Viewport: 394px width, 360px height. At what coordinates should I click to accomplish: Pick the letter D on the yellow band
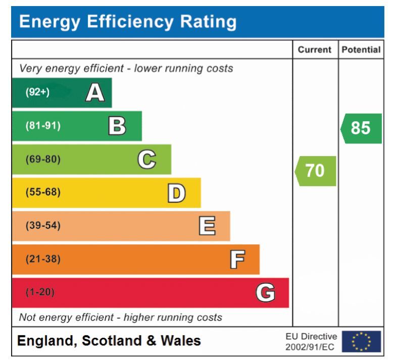point(177,192)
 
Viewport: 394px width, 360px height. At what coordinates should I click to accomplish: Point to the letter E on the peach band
point(207,226)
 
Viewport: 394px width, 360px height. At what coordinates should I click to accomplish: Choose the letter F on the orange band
point(236,259)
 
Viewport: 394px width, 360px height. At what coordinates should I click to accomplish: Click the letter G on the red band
point(265,292)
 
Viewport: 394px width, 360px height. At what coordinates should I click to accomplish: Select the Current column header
point(315,50)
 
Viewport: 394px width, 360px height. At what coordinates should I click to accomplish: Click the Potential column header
point(361,50)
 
